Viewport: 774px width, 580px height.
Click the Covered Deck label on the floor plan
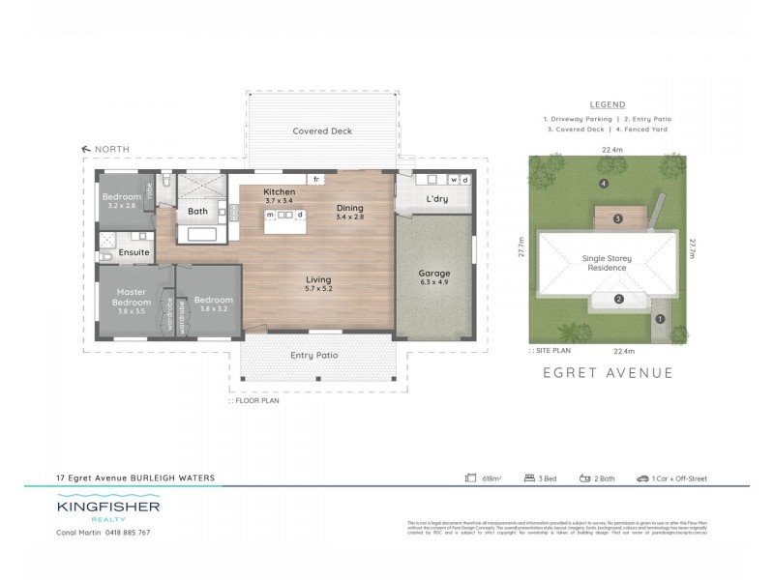point(322,130)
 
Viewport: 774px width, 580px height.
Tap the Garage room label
point(434,274)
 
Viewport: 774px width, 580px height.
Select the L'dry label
point(435,199)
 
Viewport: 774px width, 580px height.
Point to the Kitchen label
point(279,192)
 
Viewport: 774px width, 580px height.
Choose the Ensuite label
point(134,252)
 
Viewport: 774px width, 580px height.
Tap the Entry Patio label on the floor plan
point(314,356)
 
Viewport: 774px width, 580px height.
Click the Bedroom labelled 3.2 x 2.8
point(123,197)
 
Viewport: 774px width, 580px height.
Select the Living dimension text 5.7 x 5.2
point(318,289)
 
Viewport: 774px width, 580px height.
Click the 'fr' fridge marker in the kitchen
point(316,180)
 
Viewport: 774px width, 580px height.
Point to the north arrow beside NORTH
point(86,149)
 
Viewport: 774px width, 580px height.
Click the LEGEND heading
point(607,104)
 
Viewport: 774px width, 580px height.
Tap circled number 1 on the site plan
point(661,318)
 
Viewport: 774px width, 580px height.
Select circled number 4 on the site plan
point(603,183)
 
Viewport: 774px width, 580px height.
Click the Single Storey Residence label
point(605,263)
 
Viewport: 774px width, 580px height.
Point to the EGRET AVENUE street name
point(608,372)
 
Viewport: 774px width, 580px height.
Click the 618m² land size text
point(489,478)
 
